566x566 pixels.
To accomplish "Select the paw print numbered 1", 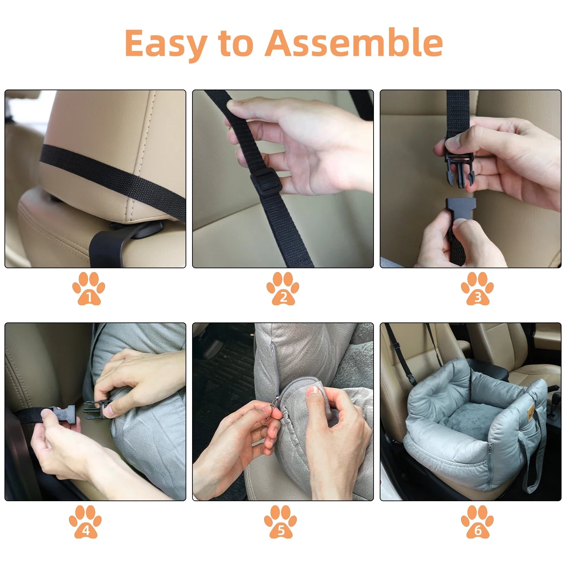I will tap(89, 288).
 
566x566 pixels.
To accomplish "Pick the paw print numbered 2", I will tap(283, 288).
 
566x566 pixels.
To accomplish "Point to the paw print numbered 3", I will tap(477, 288).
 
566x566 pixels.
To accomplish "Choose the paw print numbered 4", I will tap(85, 521).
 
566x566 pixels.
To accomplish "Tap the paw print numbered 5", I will tap(280, 521).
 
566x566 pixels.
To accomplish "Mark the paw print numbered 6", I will tap(477, 521).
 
